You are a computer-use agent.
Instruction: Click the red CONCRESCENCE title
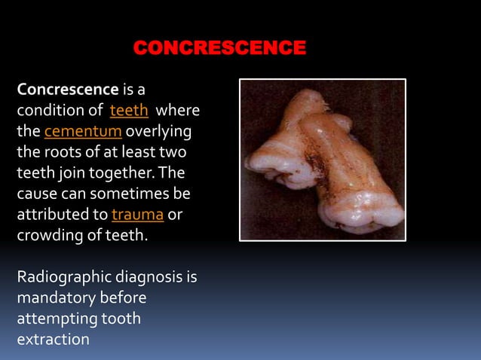click(x=219, y=49)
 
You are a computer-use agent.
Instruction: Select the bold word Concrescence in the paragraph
click(x=68, y=90)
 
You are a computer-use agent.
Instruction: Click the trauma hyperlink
click(x=138, y=215)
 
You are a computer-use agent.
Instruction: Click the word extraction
click(x=53, y=340)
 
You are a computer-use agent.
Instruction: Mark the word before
click(x=124, y=298)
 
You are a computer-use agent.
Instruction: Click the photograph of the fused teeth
click(x=323, y=160)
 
